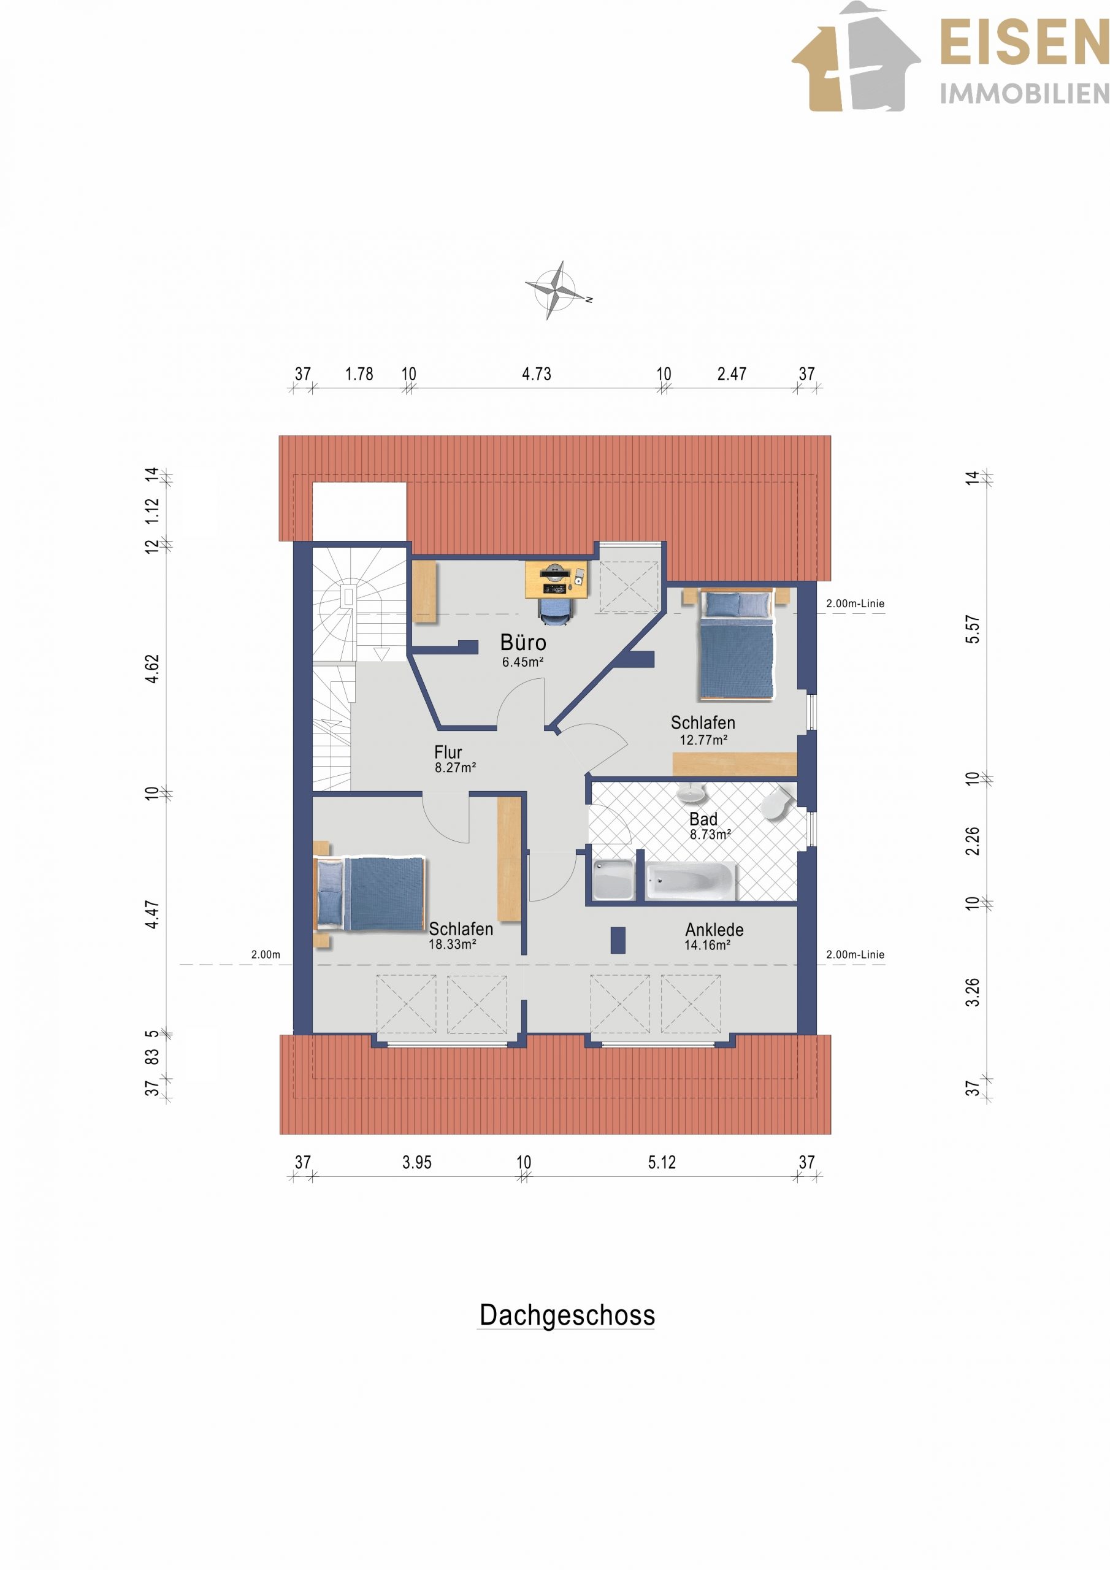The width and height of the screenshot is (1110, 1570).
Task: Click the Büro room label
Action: point(523,642)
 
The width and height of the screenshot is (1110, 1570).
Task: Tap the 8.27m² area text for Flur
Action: point(456,767)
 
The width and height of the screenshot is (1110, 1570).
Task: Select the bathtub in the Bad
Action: point(691,881)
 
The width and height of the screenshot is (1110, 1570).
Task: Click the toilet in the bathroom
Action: point(777,802)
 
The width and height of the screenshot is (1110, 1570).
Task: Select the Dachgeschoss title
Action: point(567,1314)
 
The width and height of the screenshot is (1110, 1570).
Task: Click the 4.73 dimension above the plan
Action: point(536,374)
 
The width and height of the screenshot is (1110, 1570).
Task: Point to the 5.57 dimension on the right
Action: point(972,629)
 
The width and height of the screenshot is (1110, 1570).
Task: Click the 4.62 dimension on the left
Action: point(152,668)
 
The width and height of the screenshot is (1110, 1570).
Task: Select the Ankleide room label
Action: point(714,929)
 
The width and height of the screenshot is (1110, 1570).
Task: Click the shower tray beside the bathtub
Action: point(613,881)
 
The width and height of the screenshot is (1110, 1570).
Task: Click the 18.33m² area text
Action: point(452,944)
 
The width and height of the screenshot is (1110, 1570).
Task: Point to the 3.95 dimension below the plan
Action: point(416,1162)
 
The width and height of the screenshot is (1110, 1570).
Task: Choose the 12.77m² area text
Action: point(703,740)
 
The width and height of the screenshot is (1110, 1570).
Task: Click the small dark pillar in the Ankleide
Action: point(618,940)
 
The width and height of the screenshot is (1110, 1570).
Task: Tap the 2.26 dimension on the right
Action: point(972,841)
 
